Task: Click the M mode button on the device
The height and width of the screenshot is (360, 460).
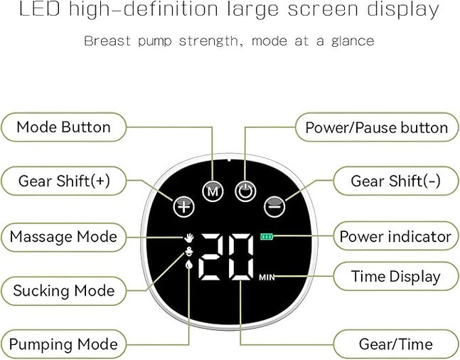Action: [x=213, y=191]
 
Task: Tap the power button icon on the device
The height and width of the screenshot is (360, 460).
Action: [x=245, y=191]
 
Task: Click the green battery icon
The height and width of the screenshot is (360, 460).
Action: [x=267, y=236]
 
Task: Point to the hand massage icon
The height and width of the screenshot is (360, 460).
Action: [x=189, y=238]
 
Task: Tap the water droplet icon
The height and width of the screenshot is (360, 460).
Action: [x=189, y=265]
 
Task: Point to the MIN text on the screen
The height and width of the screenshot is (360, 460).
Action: [x=267, y=277]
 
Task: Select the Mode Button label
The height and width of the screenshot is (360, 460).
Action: [x=64, y=127]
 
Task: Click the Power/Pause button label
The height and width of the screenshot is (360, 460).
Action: [x=377, y=128]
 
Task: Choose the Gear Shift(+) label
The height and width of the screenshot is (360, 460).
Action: [x=64, y=181]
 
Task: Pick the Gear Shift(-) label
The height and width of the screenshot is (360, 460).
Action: [x=396, y=181]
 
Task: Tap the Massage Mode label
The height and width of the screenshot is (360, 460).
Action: [x=64, y=237]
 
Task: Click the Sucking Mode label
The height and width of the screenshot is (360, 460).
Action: [x=64, y=291]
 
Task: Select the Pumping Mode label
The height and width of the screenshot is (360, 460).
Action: [x=64, y=344]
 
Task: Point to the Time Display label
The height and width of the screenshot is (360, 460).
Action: [x=396, y=276]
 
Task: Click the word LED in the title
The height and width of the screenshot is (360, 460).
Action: [x=40, y=9]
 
